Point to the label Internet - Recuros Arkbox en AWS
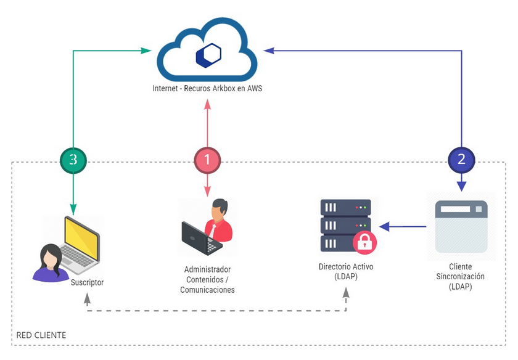click(x=207, y=89)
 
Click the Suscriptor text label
click(x=86, y=282)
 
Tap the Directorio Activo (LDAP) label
click(x=345, y=271)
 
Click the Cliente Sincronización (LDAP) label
click(x=461, y=277)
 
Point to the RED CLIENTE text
click(x=41, y=335)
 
